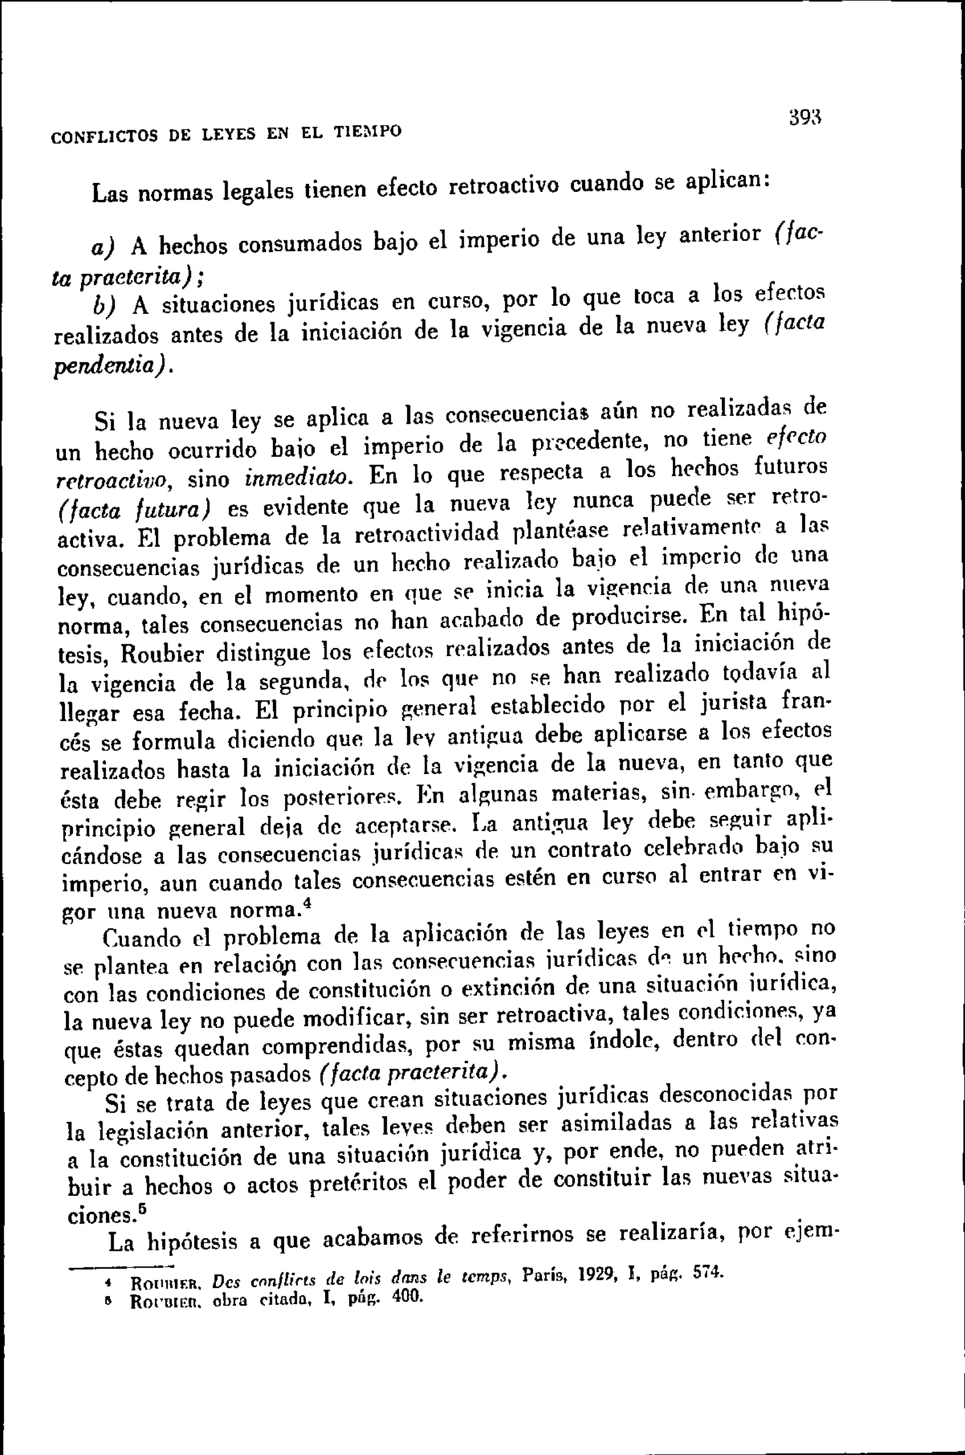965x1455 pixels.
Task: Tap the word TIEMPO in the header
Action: point(368,131)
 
